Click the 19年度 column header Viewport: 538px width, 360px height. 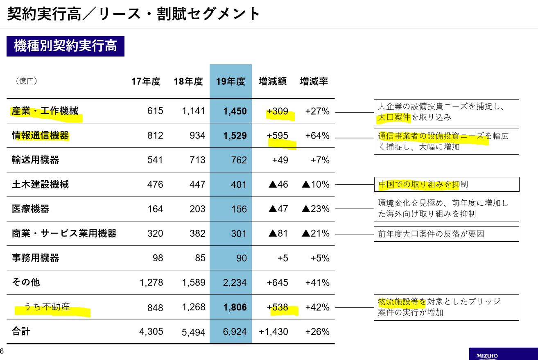(x=231, y=82)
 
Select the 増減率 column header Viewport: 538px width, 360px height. (x=314, y=82)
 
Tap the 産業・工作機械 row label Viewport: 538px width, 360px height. (x=45, y=111)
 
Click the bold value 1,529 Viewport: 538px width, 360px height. (x=235, y=136)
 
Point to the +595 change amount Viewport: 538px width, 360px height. (x=277, y=136)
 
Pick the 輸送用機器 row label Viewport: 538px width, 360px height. (x=36, y=160)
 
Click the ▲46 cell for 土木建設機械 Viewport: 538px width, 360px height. (x=278, y=184)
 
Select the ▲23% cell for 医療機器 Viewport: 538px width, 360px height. (x=315, y=209)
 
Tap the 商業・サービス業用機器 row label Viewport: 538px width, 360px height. (x=64, y=233)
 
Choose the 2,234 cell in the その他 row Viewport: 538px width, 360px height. (x=235, y=283)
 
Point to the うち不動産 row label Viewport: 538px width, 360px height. (x=47, y=307)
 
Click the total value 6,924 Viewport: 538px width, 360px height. (x=235, y=331)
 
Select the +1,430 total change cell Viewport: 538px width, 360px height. (x=274, y=331)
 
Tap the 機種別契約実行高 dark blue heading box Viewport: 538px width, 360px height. (x=66, y=46)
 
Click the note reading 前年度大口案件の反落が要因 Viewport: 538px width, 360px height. (x=446, y=234)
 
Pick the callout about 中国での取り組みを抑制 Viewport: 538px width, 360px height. (x=446, y=184)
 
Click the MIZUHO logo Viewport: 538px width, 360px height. (x=487, y=355)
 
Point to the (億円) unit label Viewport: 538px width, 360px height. (x=27, y=82)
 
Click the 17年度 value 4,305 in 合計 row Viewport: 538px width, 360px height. (x=151, y=331)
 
